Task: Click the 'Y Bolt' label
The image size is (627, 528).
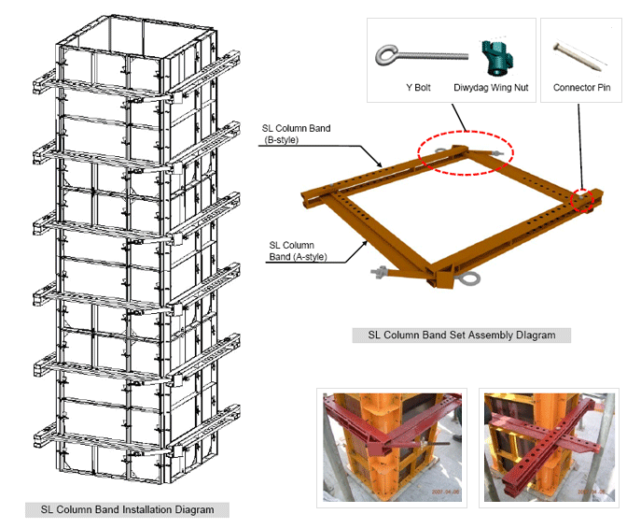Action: (415, 89)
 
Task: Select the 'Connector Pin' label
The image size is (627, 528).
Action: (581, 89)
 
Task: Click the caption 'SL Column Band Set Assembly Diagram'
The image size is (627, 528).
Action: (461, 334)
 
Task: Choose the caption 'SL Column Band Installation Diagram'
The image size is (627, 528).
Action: (127, 509)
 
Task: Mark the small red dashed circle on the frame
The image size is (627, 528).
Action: (583, 198)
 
